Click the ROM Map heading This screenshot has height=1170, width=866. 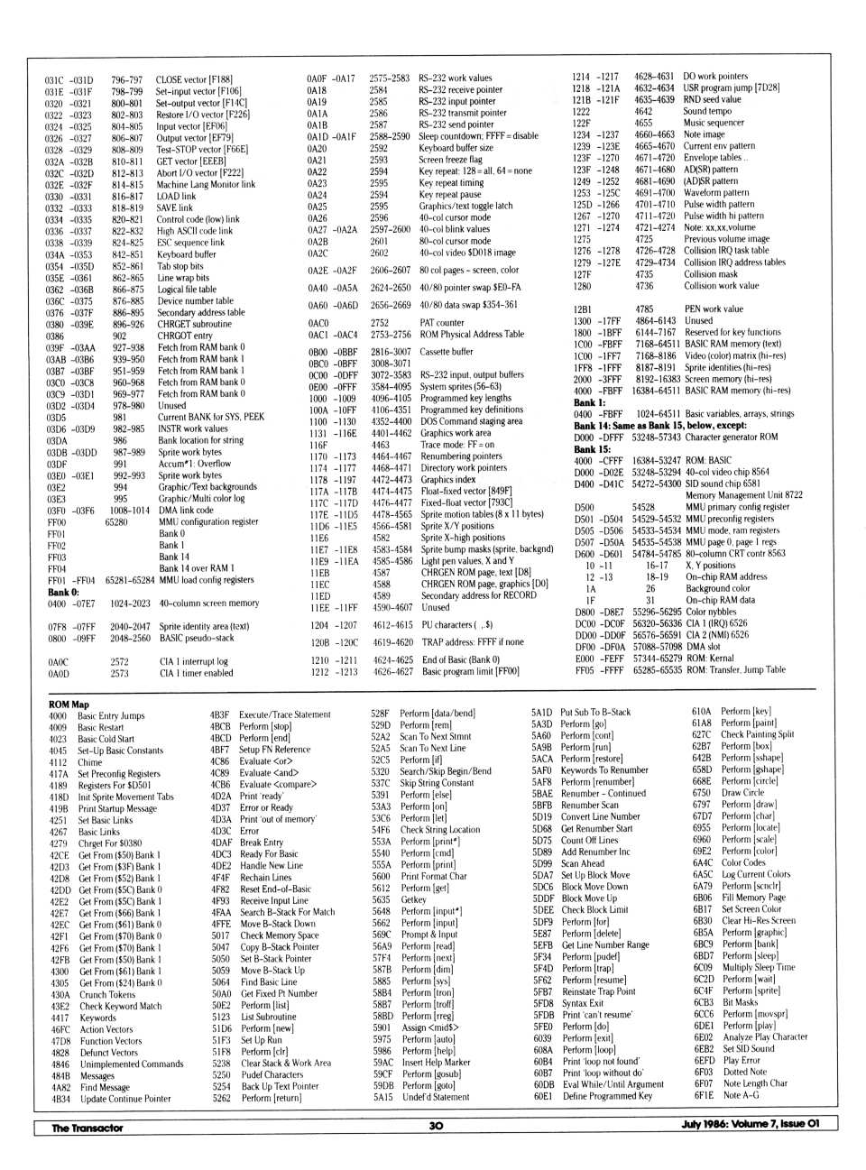tap(69, 705)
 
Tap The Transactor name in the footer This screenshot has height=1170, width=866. tap(87, 1128)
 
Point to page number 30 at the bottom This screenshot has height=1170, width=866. tap(436, 1126)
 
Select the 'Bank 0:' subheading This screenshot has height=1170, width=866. tap(63, 593)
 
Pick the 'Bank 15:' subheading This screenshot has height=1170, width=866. tap(592, 449)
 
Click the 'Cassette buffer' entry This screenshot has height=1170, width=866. tap(447, 352)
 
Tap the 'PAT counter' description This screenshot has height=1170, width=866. tap(442, 322)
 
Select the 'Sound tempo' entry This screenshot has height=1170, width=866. tap(707, 111)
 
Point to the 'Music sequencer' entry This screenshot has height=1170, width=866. tap(714, 123)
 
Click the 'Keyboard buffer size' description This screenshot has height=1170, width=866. tap(456, 148)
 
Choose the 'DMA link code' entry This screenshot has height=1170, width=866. tap(186, 510)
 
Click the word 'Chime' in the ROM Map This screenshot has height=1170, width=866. tap(90, 762)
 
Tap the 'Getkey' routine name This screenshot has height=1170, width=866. tap(413, 899)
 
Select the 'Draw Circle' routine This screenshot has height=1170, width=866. tap(742, 793)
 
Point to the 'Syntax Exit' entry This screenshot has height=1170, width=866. tap(583, 1003)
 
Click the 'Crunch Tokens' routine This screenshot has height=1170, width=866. tap(107, 995)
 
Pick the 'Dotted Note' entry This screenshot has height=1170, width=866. tap(745, 1073)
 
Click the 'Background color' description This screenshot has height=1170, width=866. tap(718, 588)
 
